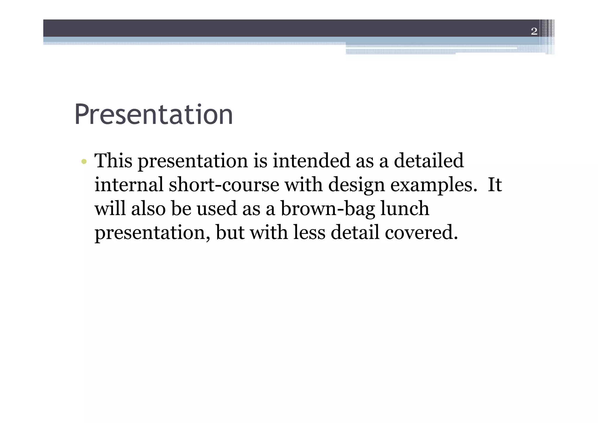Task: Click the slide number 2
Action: point(534,31)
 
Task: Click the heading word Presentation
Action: point(154,115)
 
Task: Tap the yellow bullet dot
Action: point(84,161)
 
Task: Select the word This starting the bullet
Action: point(113,161)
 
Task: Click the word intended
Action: point(311,161)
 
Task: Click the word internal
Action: point(129,185)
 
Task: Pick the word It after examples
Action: point(495,185)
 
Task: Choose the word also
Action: point(148,209)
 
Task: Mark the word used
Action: point(216,209)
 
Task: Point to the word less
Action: point(309,233)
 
